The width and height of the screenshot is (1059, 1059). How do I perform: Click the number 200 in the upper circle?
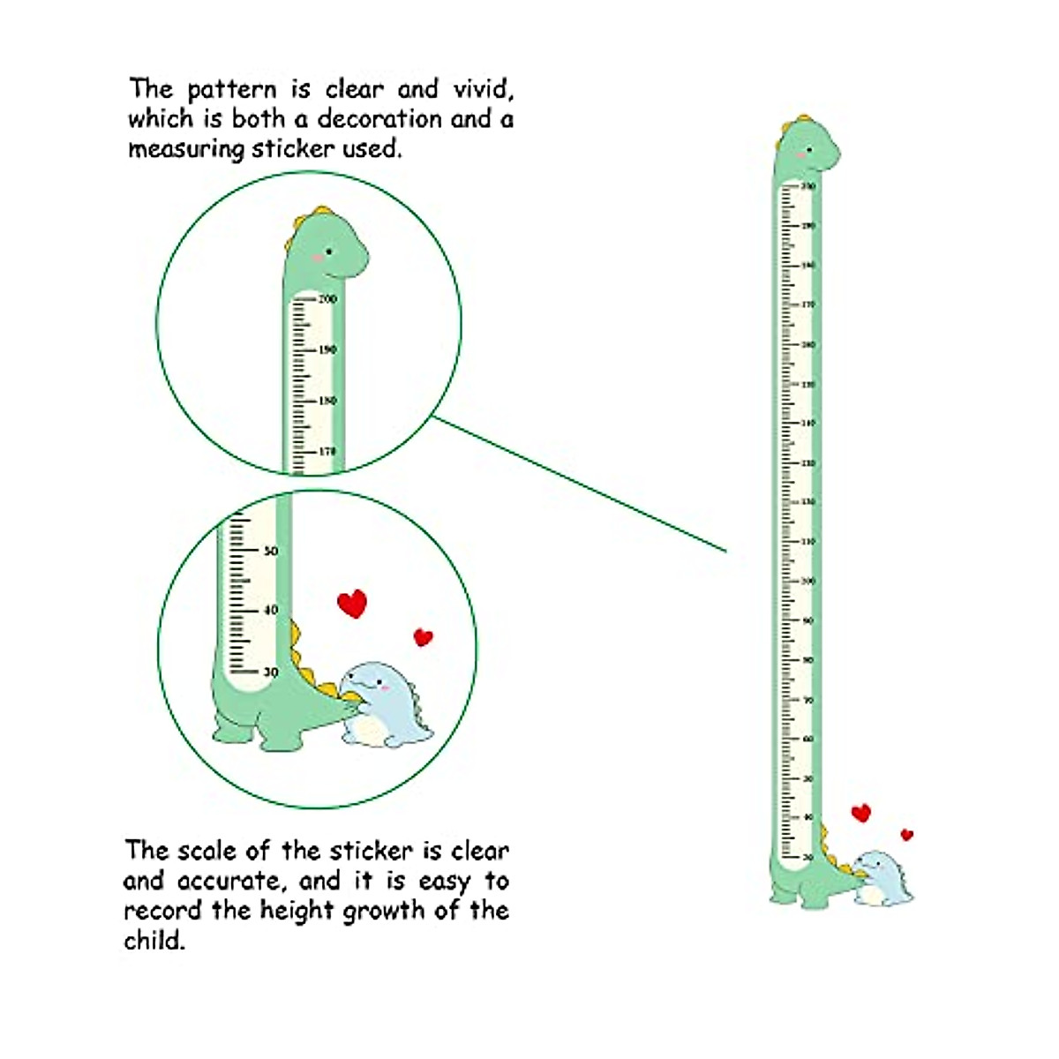pyautogui.click(x=327, y=299)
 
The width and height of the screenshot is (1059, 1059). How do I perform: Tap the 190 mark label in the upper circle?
pyautogui.click(x=327, y=350)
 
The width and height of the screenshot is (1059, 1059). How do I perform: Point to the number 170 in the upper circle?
pyautogui.click(x=327, y=452)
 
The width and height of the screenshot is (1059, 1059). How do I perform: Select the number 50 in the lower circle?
pyautogui.click(x=271, y=551)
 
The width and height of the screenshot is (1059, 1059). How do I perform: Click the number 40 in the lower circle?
pyautogui.click(x=271, y=610)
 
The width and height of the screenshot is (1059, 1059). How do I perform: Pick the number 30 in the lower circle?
pyautogui.click(x=271, y=672)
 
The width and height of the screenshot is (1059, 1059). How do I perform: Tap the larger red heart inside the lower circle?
pyautogui.click(x=352, y=604)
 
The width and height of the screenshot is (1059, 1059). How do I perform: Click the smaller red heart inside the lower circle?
pyautogui.click(x=424, y=636)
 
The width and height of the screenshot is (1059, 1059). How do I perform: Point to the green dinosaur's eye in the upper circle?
pyautogui.click(x=329, y=252)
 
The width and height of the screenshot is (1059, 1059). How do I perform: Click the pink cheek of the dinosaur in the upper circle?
pyautogui.click(x=319, y=259)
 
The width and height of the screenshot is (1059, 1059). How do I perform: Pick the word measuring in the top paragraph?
pyautogui.click(x=185, y=149)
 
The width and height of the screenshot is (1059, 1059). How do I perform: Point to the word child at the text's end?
pyautogui.click(x=154, y=940)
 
